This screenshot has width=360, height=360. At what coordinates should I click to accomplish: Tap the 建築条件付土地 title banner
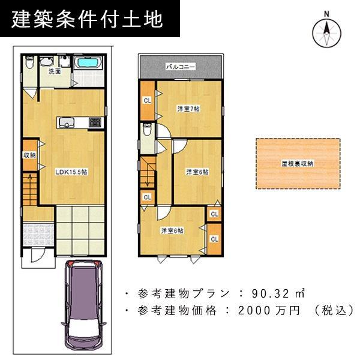click(x=88, y=20)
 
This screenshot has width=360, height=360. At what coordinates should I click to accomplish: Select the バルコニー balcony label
click(x=181, y=67)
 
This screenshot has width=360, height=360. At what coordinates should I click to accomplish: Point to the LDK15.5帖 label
click(x=71, y=172)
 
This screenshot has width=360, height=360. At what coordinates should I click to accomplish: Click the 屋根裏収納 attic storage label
click(x=298, y=163)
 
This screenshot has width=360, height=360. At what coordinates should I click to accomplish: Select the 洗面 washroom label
click(x=54, y=71)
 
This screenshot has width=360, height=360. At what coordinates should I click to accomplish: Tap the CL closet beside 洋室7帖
click(x=147, y=100)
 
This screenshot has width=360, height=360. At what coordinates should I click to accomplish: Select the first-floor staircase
click(x=29, y=187)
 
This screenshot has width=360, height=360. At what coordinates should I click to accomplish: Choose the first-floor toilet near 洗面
click(x=29, y=67)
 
